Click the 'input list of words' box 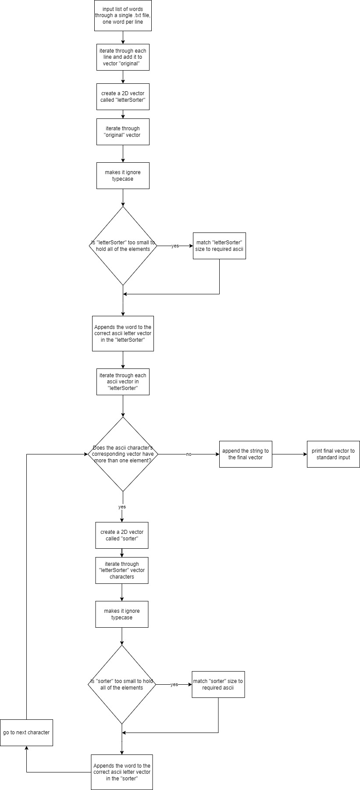[x=123, y=15]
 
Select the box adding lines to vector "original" [x=123, y=57]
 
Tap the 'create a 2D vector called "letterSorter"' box [x=123, y=97]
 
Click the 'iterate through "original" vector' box [x=123, y=132]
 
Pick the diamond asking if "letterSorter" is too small [x=123, y=246]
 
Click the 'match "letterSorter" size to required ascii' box [x=219, y=246]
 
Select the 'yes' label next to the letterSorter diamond [x=175, y=246]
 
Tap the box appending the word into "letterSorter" [x=123, y=333]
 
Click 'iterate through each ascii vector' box [x=123, y=382]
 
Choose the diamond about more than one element [x=123, y=454]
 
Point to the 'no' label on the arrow [x=189, y=454]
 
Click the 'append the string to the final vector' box [x=246, y=454]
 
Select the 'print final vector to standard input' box [x=333, y=454]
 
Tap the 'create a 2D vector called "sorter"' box [x=122, y=535]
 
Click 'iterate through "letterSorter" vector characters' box [x=122, y=570]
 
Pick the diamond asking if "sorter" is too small [x=122, y=684]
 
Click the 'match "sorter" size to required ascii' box [x=218, y=684]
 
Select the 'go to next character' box [x=26, y=733]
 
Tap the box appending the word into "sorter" [x=122, y=772]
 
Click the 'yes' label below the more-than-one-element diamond [x=122, y=507]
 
